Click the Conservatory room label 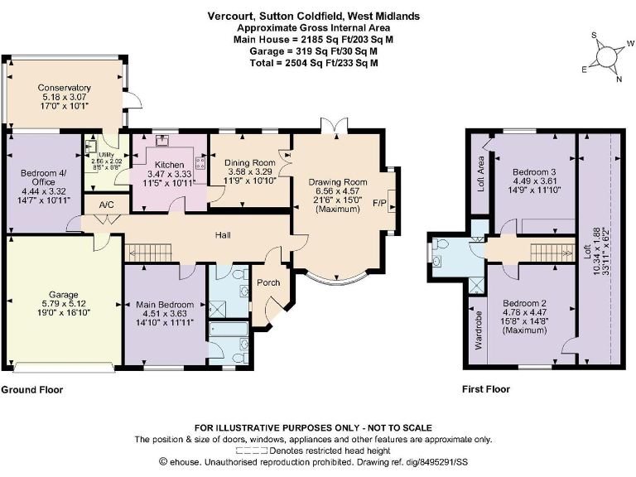(64, 88)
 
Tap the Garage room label (63, 295)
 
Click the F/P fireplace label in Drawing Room (380, 203)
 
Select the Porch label (269, 282)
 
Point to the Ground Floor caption (31, 389)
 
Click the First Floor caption (485, 389)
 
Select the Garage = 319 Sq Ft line (319, 51)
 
